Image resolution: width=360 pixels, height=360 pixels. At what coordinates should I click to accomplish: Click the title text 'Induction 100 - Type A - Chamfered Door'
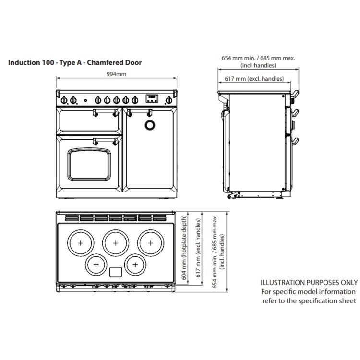coord(75,62)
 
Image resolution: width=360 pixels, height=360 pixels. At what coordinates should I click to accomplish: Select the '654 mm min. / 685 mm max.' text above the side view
coord(258,58)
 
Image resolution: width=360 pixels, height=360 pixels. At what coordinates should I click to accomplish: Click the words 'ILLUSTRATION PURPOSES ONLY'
coord(309,283)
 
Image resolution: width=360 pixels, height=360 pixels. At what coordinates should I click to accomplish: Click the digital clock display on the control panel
coord(151,98)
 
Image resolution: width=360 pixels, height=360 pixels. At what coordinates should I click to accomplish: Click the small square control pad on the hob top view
coord(116,272)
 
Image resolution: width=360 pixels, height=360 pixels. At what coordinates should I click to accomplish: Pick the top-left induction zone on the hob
coord(80,243)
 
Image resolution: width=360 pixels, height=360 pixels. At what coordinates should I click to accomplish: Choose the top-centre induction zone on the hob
coord(116,243)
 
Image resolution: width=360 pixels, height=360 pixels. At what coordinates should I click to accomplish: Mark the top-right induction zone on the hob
coord(151,243)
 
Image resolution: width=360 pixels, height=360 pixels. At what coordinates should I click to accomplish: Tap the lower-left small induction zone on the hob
coord(96,264)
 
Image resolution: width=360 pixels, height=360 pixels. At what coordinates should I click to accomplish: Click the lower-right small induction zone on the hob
coord(135,264)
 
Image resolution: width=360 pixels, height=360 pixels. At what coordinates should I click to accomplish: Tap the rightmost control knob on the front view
coord(168,100)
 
